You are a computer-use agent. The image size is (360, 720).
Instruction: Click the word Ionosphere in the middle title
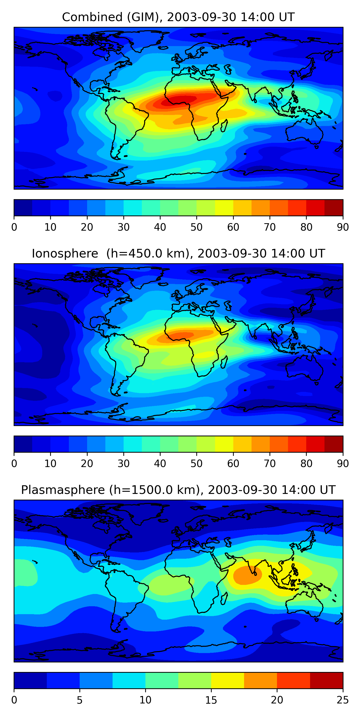pyautogui.click(x=65, y=253)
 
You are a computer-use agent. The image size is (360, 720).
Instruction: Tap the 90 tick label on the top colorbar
pyautogui.click(x=343, y=227)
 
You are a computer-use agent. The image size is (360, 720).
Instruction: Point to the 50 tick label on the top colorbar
pyautogui.click(x=197, y=227)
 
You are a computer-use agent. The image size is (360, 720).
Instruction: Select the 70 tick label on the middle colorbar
pyautogui.click(x=270, y=464)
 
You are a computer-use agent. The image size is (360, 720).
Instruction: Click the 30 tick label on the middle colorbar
pyautogui.click(x=124, y=464)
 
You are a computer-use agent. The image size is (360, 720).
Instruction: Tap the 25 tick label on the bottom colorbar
pyautogui.click(x=343, y=700)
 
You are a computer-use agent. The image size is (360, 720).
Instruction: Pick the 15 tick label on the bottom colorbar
pyautogui.click(x=211, y=700)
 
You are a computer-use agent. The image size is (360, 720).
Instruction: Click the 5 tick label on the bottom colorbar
pyautogui.click(x=80, y=700)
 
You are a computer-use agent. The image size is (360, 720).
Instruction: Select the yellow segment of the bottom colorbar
pyautogui.click(x=228, y=681)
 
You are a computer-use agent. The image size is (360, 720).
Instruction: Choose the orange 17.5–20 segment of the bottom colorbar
pyautogui.click(x=260, y=681)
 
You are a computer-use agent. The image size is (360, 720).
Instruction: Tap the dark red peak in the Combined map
pyautogui.click(x=179, y=100)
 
